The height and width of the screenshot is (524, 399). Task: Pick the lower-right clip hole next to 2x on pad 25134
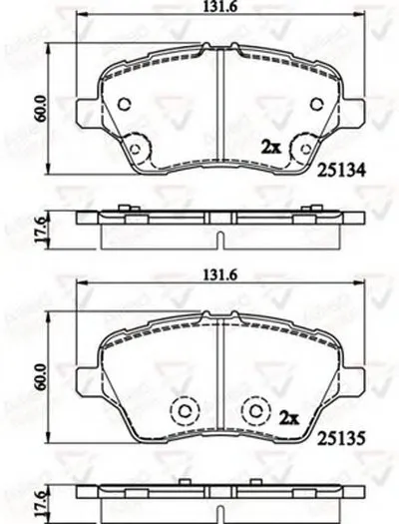click(296, 148)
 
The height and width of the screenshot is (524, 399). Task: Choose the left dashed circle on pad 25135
click(183, 410)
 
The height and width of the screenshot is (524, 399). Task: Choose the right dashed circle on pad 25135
click(256, 410)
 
